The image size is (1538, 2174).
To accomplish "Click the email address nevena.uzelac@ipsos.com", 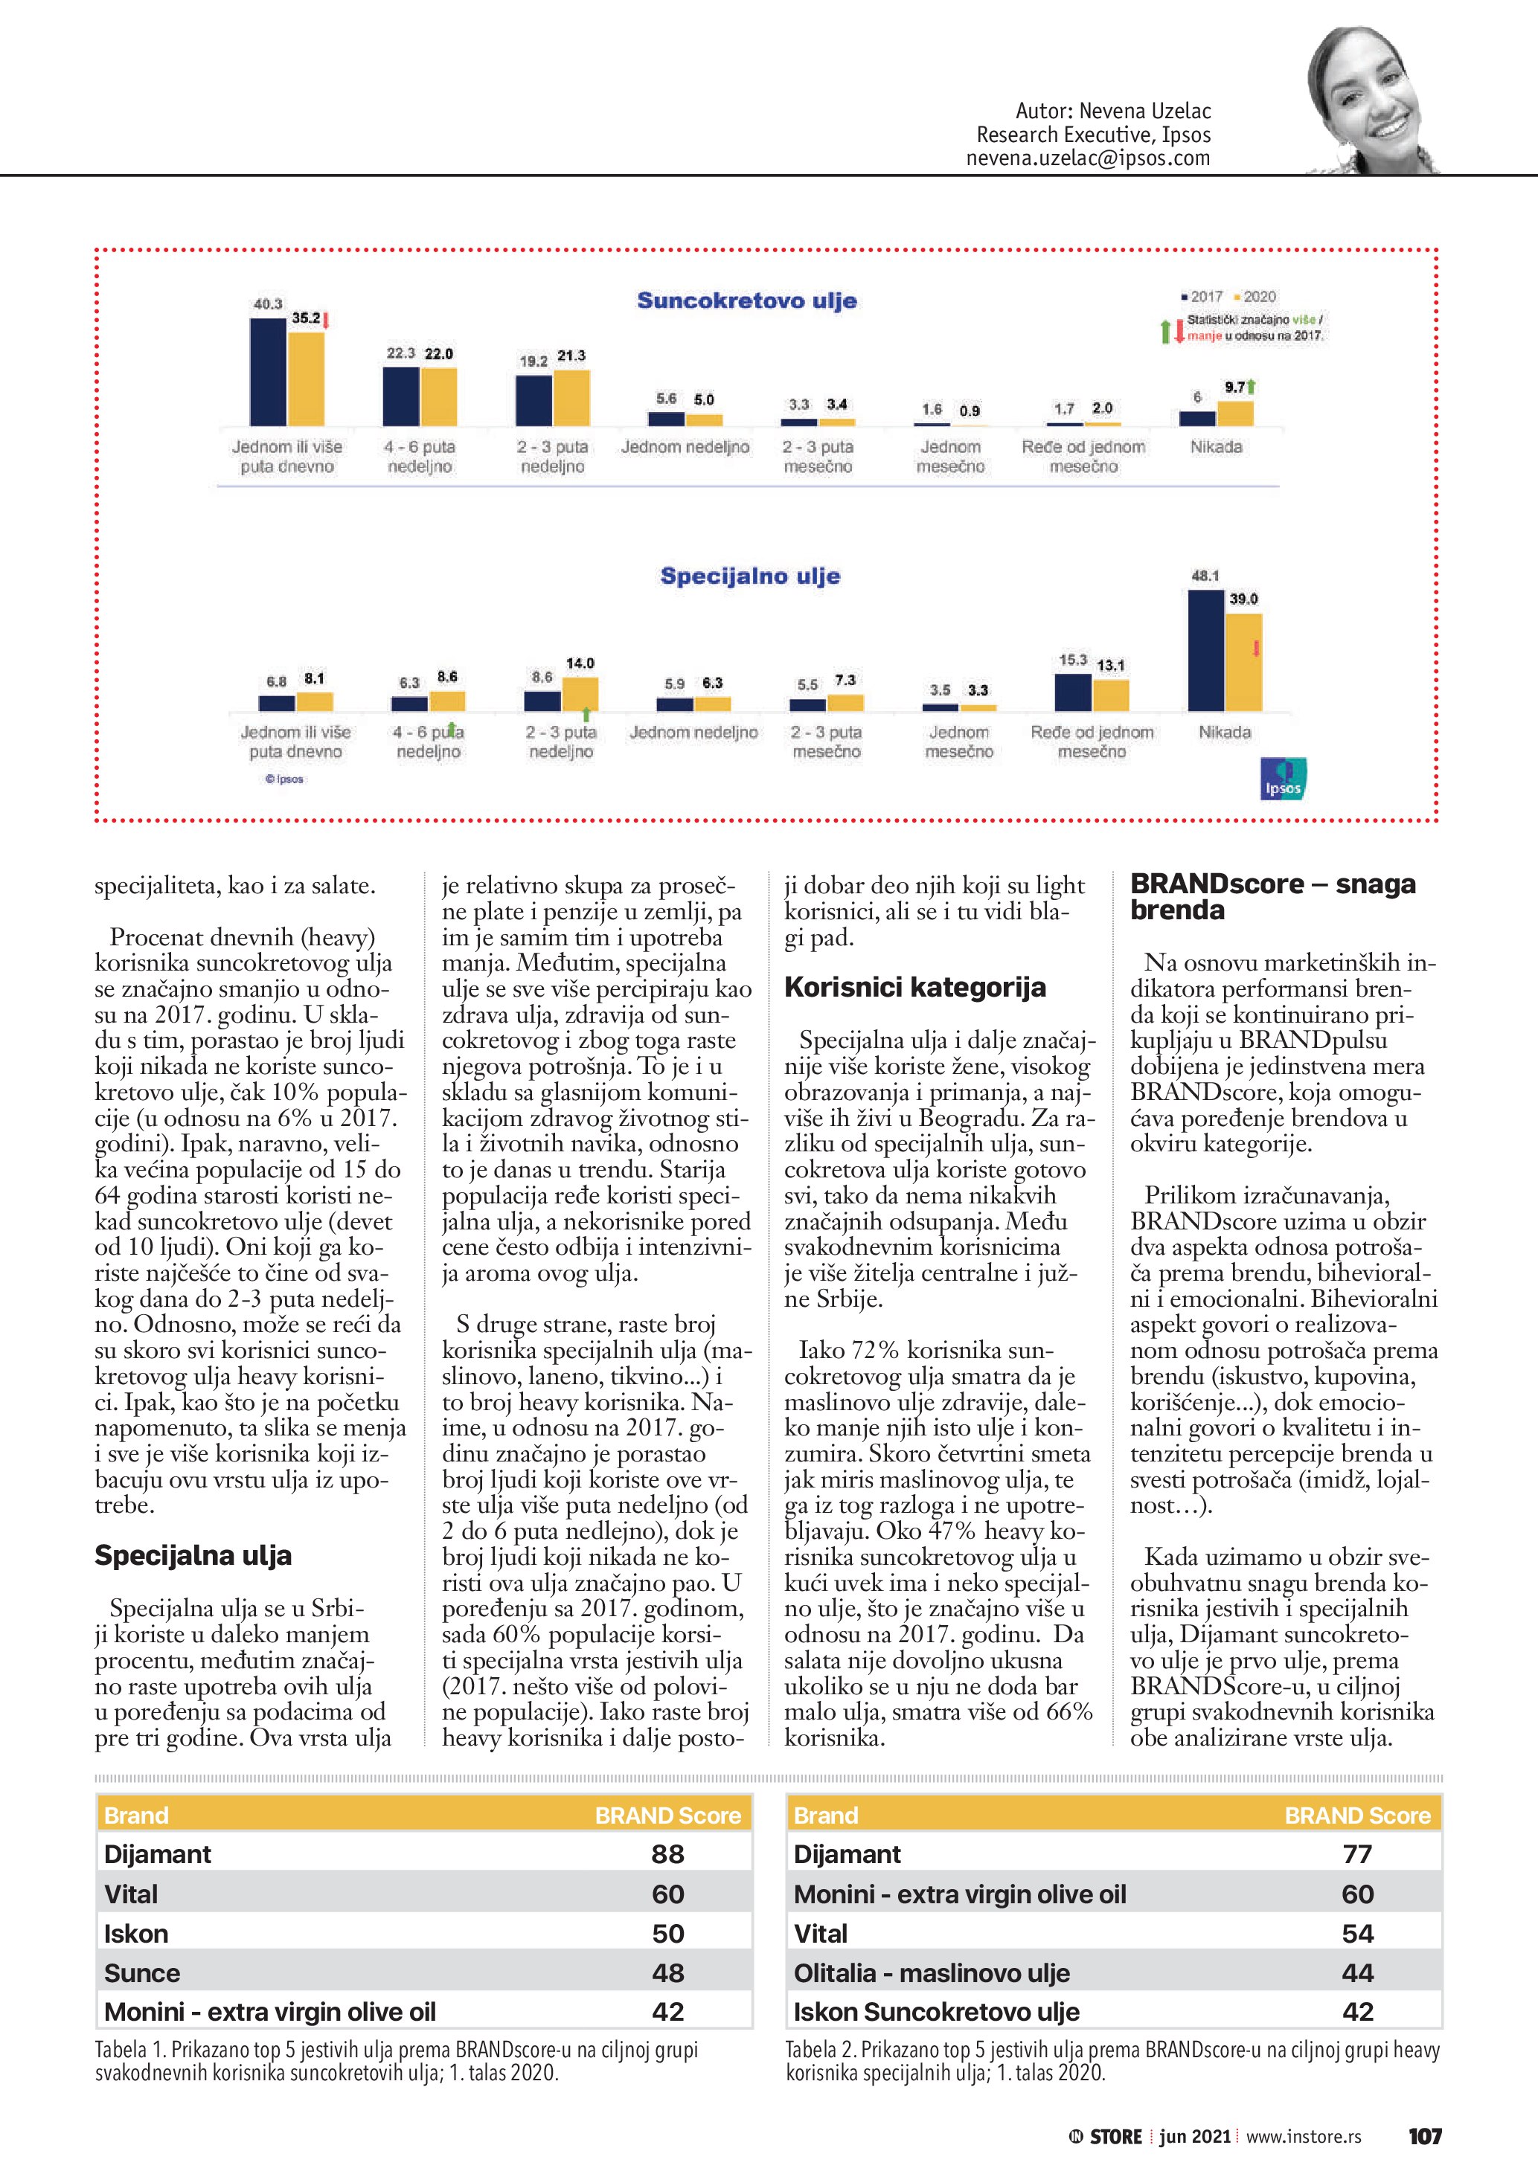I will [x=1087, y=159].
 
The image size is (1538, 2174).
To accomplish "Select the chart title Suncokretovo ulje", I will [x=746, y=301].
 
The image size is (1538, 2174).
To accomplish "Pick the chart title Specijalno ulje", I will [x=750, y=576].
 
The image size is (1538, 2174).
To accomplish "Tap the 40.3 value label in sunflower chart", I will [x=267, y=304].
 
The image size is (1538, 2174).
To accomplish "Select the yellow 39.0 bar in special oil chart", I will [x=1243, y=662].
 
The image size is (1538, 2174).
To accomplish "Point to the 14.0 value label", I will [x=580, y=663].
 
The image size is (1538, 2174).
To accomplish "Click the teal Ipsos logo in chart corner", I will [x=1284, y=778].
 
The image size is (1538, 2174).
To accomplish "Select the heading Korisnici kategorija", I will [x=915, y=988].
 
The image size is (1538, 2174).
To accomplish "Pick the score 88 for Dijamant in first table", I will [x=667, y=1854].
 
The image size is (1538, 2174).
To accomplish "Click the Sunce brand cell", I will [x=142, y=1973].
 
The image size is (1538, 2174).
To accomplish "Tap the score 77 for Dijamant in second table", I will [x=1357, y=1854].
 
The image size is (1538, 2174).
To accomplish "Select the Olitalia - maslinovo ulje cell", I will [x=931, y=1973].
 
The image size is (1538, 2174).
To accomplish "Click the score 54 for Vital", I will [x=1357, y=1934].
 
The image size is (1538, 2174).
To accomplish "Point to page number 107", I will [x=1424, y=2137].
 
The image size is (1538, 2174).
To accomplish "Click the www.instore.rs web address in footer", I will [x=1303, y=2137].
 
